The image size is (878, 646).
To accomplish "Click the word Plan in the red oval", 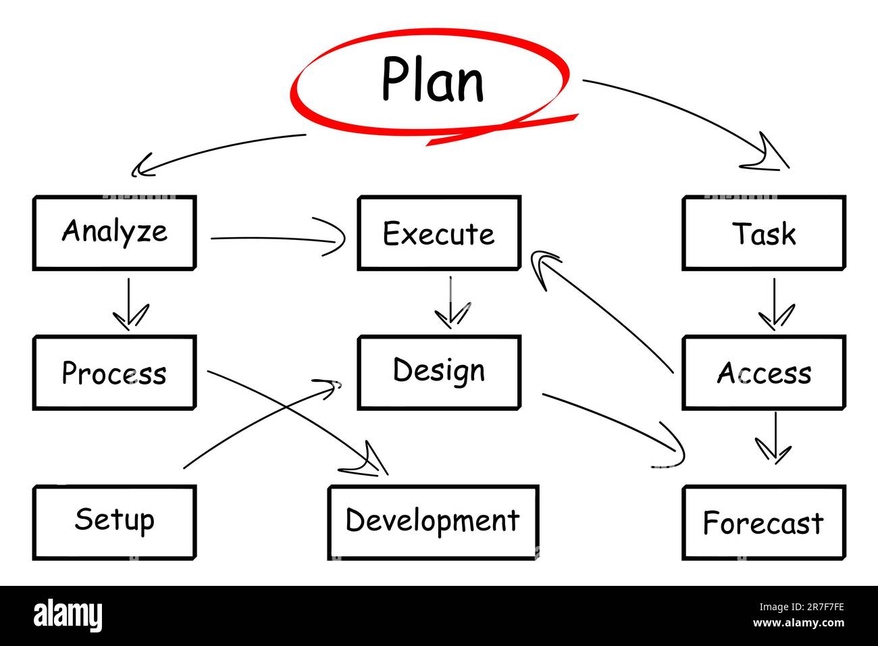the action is (433, 79).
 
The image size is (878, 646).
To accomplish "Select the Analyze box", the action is (114, 233).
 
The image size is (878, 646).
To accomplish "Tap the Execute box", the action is (439, 233).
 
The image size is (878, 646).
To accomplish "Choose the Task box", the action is (764, 233).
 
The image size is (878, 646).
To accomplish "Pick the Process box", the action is (114, 372).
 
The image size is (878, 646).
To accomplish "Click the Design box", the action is (439, 372).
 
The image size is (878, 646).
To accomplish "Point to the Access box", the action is (764, 372).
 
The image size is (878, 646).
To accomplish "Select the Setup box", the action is (114, 523).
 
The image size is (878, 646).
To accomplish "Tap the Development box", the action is (433, 523).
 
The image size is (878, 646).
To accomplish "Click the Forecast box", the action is (764, 523).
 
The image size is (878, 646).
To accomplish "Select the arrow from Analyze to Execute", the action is (274, 238).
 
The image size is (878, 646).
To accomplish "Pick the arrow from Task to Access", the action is (774, 304).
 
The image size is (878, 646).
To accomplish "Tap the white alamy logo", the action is (68, 616).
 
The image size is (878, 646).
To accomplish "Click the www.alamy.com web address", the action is (798, 622).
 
